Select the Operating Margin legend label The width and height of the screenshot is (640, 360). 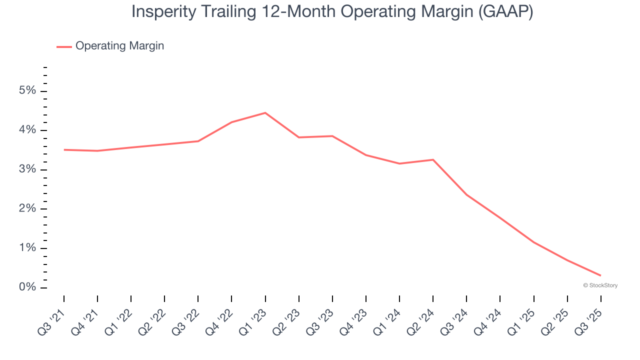point(119,46)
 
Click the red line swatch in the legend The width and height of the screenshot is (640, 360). point(64,46)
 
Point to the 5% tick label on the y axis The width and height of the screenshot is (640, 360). point(27,91)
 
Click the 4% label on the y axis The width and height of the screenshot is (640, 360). point(27,130)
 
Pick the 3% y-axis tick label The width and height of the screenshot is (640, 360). point(27,169)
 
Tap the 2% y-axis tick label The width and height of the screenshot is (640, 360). point(27,209)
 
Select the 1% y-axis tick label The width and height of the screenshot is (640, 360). point(27,248)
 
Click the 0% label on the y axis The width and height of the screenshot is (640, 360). point(27,287)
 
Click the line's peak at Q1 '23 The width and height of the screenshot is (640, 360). point(265,113)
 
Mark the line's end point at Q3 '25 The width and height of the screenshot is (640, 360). point(600,275)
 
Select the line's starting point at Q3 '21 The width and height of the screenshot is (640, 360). point(64,149)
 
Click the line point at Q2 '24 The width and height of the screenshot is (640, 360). point(433,159)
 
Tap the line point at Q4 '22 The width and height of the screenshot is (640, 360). point(231,122)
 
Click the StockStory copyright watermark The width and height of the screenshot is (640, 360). point(600,285)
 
